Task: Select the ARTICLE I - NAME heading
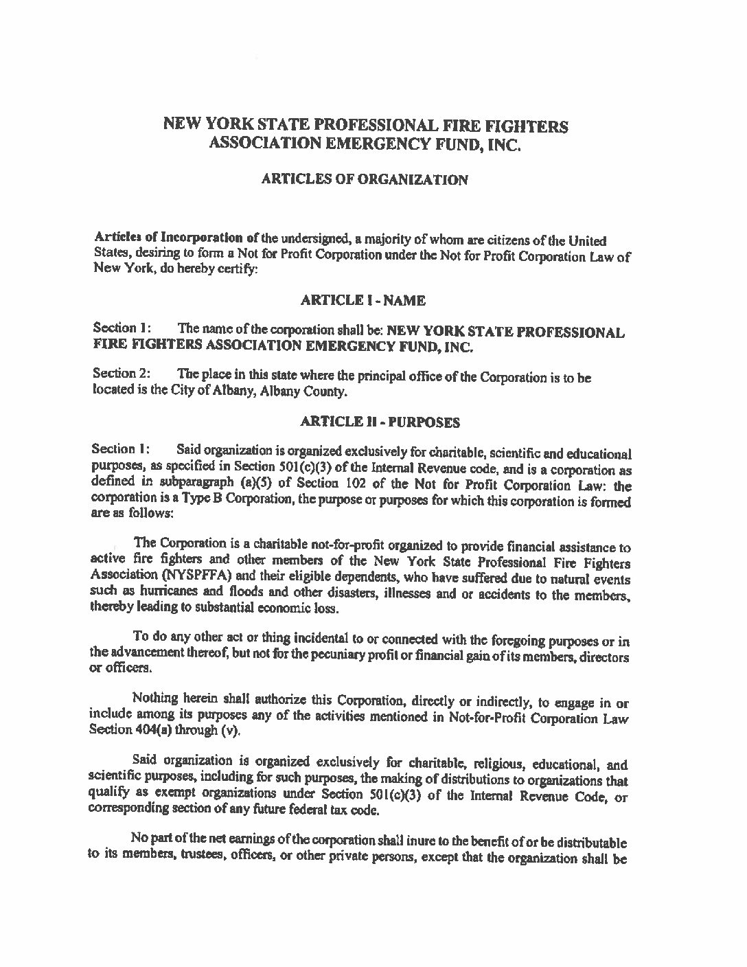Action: pos(364,300)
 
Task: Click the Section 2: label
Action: pos(115,374)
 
